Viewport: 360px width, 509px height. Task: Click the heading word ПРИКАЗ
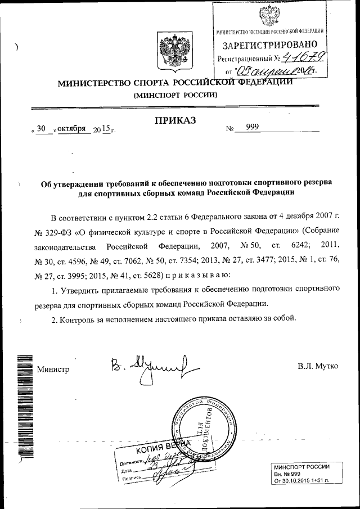click(x=174, y=120)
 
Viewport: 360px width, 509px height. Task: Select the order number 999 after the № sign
click(x=252, y=128)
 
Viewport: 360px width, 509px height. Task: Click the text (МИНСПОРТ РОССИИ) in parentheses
click(x=174, y=95)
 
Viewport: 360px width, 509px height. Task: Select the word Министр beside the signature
click(x=53, y=370)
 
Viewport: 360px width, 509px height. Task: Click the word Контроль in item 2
click(x=82, y=318)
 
